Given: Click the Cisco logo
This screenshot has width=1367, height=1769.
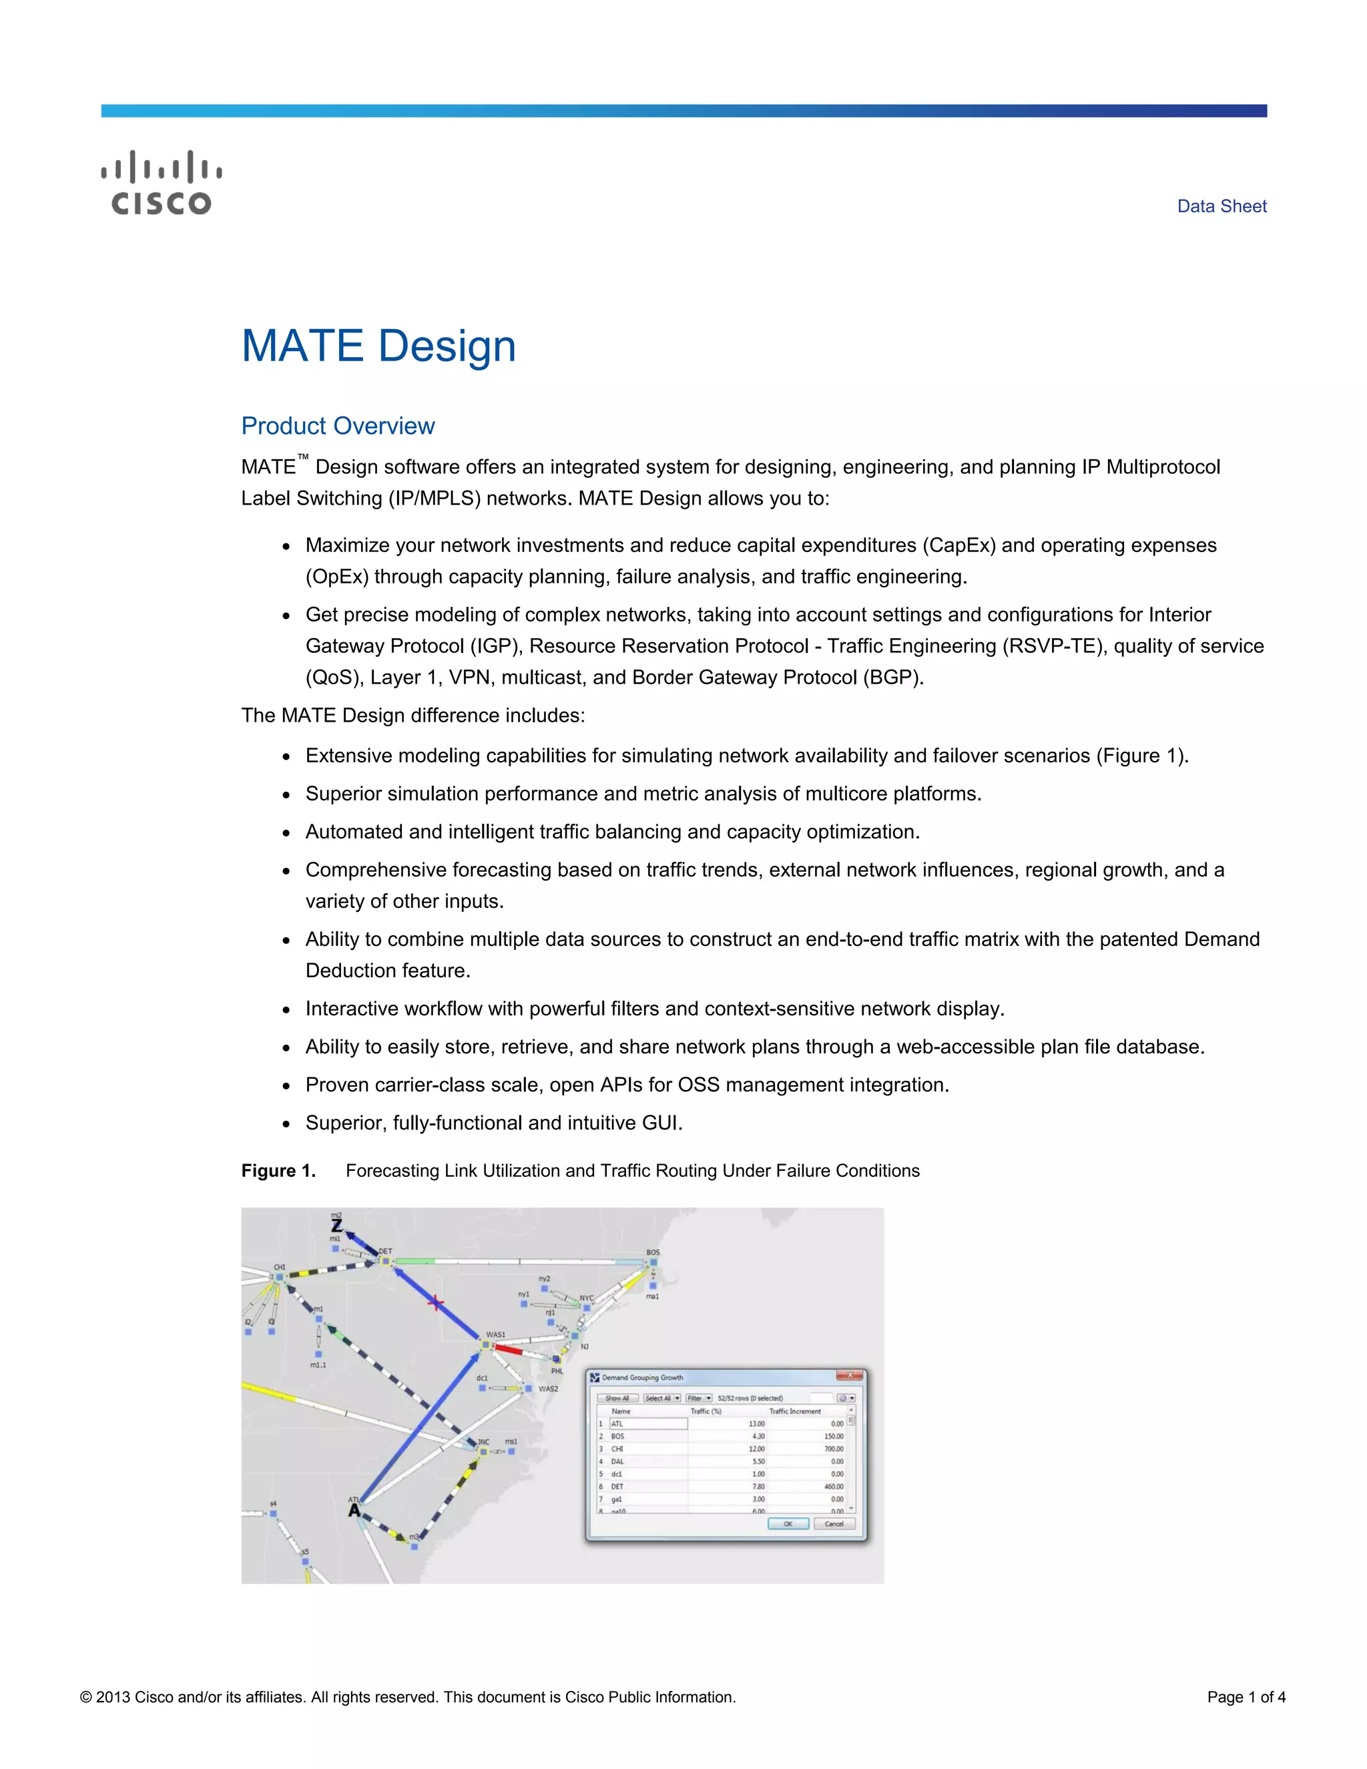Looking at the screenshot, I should (161, 182).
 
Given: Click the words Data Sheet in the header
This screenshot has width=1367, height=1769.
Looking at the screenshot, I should (1221, 206).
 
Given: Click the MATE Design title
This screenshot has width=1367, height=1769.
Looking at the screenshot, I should (378, 346).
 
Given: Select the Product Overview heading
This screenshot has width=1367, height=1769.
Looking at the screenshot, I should (338, 426).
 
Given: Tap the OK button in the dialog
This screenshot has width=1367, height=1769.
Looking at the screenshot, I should (787, 1523).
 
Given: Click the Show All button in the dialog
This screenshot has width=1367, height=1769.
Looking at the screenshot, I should (617, 1398).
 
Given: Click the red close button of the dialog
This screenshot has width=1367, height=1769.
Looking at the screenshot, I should (849, 1375).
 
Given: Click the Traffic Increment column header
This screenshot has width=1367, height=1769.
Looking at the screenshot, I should (794, 1411).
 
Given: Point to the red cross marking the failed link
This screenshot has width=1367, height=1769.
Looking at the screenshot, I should (436, 1303).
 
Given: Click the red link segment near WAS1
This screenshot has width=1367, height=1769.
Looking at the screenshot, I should (508, 1349).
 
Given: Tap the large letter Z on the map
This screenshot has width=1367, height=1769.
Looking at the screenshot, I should (336, 1226).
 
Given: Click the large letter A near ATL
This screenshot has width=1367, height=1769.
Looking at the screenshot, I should (354, 1511).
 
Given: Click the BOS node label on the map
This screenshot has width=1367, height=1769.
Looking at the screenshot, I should (653, 1252).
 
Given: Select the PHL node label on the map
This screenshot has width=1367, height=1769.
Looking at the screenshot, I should (557, 1371).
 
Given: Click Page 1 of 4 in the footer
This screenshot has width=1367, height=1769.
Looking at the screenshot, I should (1246, 1698).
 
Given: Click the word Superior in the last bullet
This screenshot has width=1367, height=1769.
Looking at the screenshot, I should (346, 1123).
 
